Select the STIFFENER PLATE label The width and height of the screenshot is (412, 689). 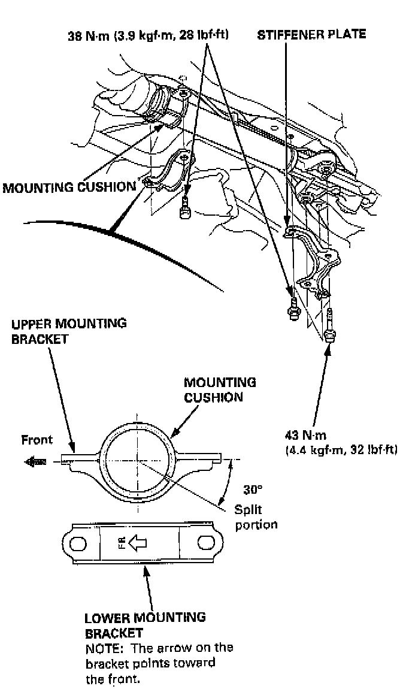coord(311,35)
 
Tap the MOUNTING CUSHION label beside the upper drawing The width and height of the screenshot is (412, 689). coord(69,187)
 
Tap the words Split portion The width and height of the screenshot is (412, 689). coord(256,516)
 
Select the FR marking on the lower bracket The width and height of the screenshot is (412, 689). coord(122,543)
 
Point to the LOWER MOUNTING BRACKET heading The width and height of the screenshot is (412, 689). coord(145,624)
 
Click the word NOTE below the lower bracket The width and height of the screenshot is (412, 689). coord(101,648)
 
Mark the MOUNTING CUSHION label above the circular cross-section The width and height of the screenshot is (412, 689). coord(220,389)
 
